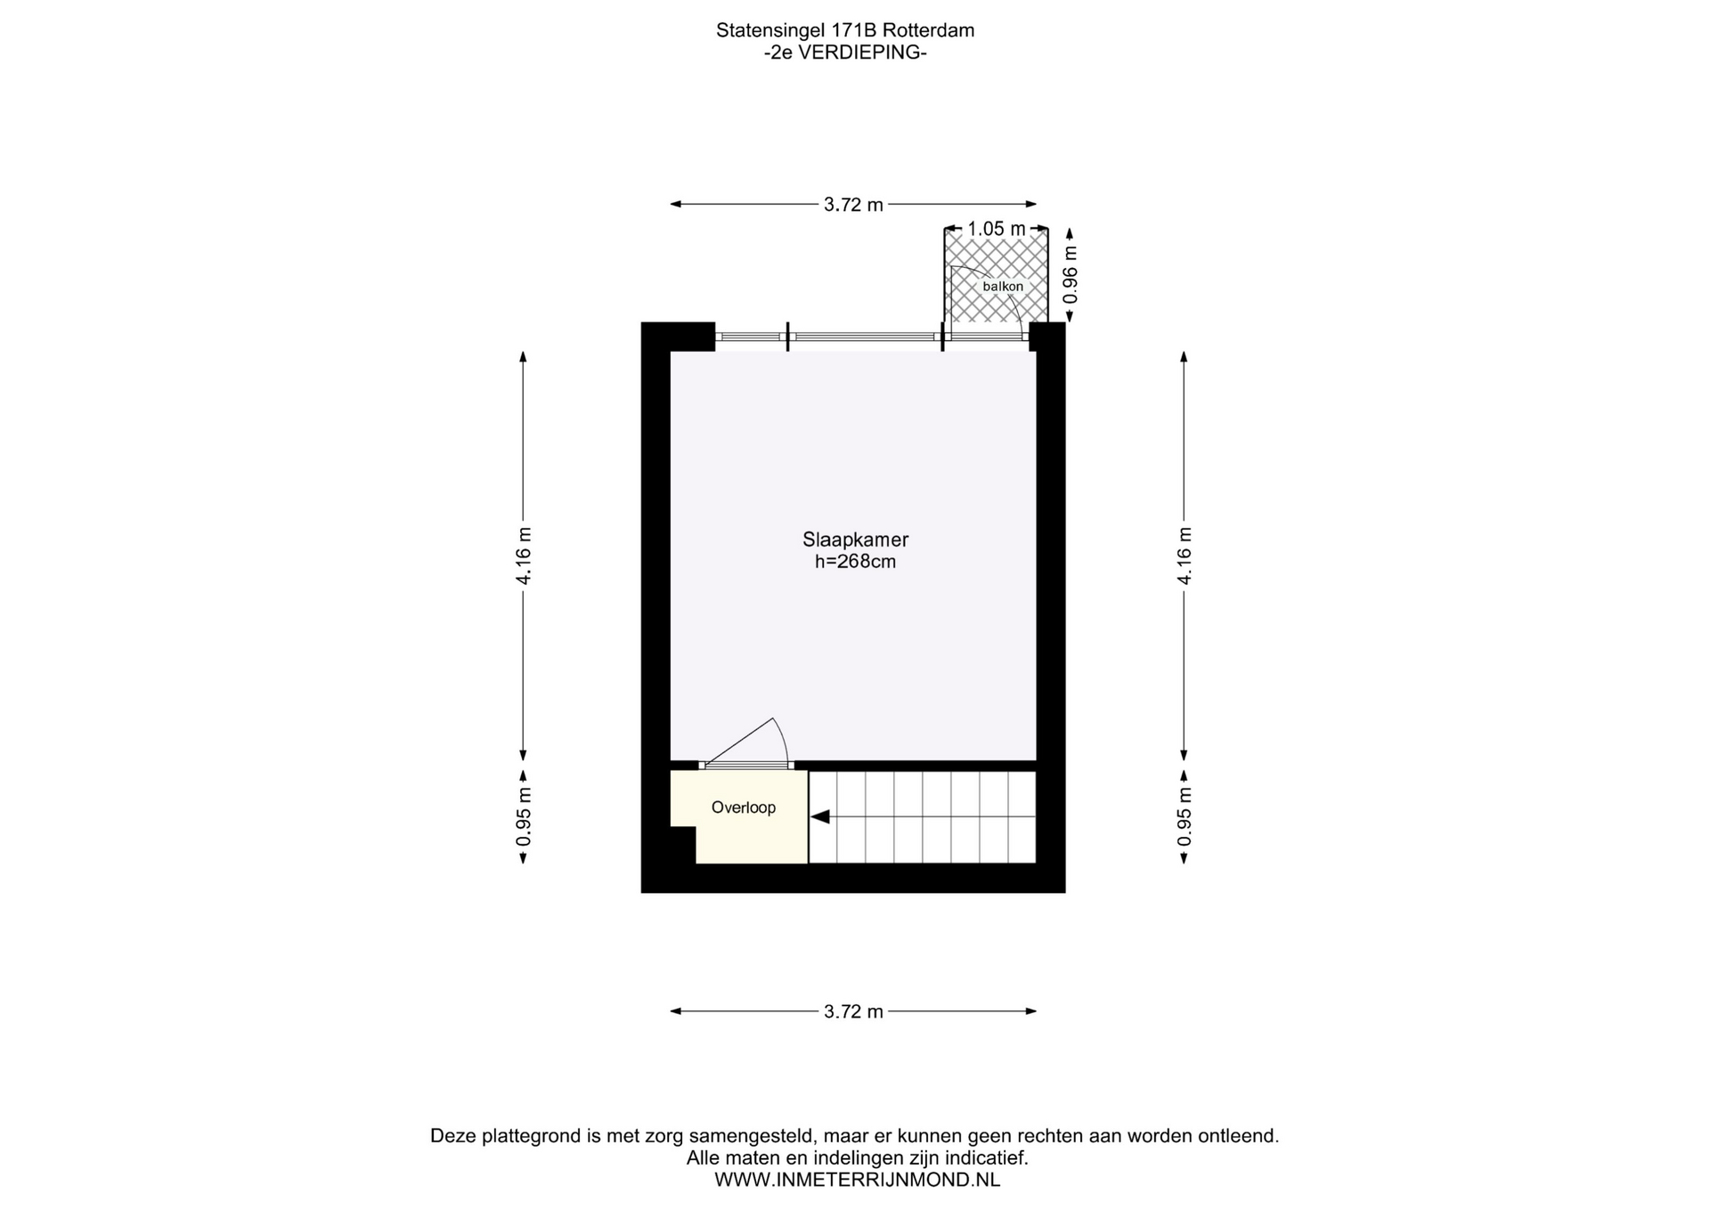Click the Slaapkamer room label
pos(855,540)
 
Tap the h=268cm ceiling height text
pos(855,562)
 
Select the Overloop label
pos(744,807)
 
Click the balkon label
pos(1003,287)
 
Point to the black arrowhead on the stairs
pos(819,816)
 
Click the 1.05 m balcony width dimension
pos(997,229)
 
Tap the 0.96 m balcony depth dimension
pos(1071,274)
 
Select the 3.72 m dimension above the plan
pos(853,205)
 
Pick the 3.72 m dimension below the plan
pos(853,1011)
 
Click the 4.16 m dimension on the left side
pos(524,556)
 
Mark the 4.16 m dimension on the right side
pos(1185,556)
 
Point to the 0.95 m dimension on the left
pos(524,817)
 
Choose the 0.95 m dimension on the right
pos(1185,817)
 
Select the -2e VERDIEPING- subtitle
pos(845,53)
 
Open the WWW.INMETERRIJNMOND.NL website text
pos(857,1180)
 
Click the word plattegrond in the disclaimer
pos(532,1136)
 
